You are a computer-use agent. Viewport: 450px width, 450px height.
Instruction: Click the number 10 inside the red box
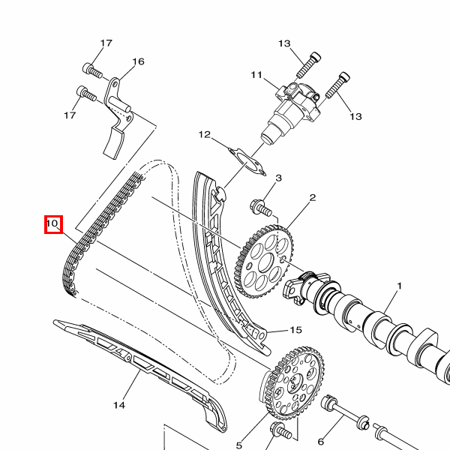52,223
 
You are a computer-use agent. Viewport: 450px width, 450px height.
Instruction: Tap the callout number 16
138,61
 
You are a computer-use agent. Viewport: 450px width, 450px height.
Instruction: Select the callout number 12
205,134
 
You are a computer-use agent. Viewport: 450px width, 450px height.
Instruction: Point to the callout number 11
256,75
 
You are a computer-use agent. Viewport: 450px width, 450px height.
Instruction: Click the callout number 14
119,405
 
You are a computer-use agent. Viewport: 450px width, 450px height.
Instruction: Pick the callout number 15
296,330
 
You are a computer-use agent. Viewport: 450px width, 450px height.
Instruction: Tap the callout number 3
279,178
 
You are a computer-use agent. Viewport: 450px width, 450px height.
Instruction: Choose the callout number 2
313,197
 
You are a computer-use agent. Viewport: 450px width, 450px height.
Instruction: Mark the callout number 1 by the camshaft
399,286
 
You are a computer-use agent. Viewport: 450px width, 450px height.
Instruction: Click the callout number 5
239,445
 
